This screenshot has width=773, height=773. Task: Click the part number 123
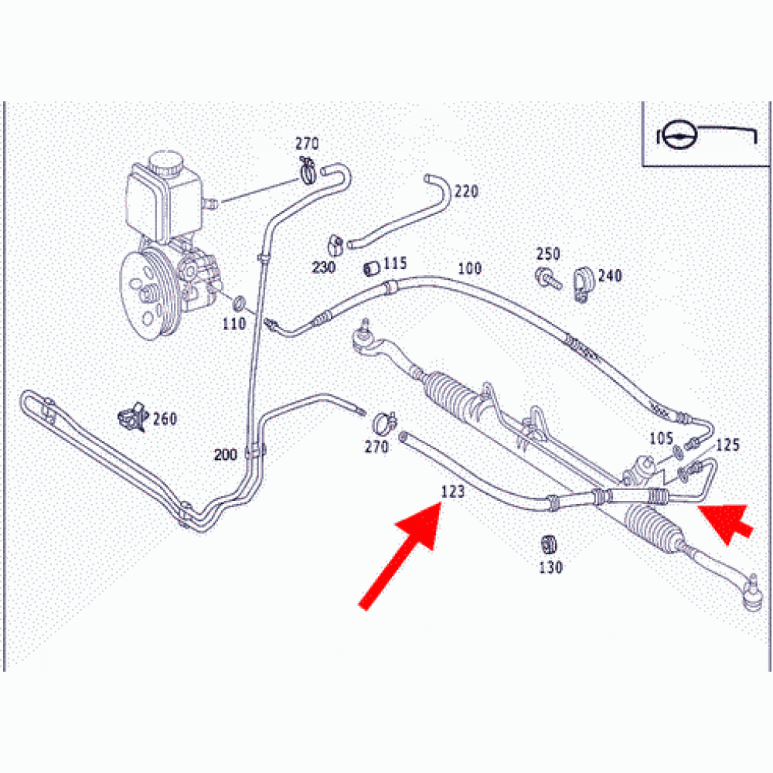(x=452, y=492)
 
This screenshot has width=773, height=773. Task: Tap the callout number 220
(x=466, y=191)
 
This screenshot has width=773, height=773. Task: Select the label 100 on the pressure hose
(x=470, y=268)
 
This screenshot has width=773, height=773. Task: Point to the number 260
(x=165, y=419)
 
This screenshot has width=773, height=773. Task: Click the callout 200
(x=226, y=454)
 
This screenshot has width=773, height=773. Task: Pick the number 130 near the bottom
(x=550, y=567)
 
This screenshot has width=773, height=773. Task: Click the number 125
(x=727, y=445)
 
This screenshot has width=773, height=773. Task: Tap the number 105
(x=661, y=438)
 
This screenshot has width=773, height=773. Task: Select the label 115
(x=395, y=264)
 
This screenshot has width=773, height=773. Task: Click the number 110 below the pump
(x=234, y=324)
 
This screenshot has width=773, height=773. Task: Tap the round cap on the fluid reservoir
(x=167, y=162)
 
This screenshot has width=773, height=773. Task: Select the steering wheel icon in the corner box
(x=679, y=135)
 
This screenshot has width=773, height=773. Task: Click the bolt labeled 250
(x=548, y=278)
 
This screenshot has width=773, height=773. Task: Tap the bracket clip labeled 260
(x=134, y=417)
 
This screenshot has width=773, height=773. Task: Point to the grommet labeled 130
(x=548, y=545)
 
